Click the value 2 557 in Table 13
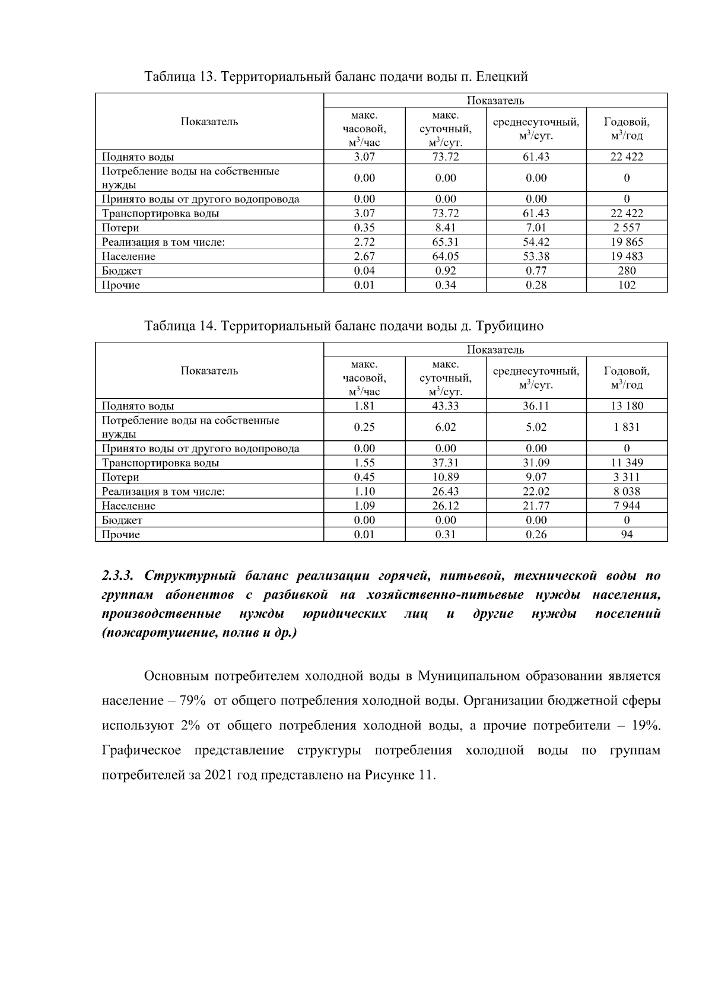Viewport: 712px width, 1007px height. pos(627,228)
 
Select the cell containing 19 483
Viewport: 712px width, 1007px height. pos(627,256)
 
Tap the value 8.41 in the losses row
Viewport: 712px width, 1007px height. pos(446,228)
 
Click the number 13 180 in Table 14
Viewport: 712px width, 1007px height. pos(627,406)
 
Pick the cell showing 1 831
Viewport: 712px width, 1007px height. pos(627,427)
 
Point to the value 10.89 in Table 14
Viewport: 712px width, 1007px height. pos(446,477)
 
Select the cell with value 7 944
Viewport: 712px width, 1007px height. pos(627,506)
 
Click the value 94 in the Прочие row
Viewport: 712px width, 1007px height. pos(627,534)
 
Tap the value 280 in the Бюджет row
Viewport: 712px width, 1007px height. pos(627,271)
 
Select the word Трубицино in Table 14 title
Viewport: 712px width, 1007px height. pos(510,326)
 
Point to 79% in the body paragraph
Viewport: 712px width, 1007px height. pos(192,701)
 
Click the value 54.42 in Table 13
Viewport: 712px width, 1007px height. pos(536,242)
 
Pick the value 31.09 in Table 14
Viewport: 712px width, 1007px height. pos(536,463)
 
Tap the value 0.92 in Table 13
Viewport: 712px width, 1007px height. pos(446,271)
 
